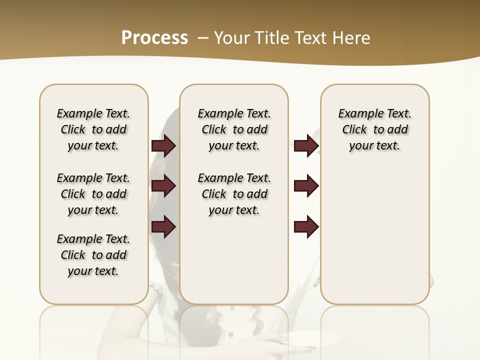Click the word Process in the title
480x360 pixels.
pos(154,37)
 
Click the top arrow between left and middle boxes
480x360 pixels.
pos(163,145)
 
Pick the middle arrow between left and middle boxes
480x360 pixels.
pos(163,186)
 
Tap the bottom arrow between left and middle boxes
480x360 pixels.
pos(163,227)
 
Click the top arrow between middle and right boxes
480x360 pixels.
pos(306,145)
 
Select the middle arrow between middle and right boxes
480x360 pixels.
pos(306,186)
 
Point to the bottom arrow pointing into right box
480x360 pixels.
pos(306,227)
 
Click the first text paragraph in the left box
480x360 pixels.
pos(93,129)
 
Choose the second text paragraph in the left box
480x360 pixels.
pos(93,194)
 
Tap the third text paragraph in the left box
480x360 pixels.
pos(93,255)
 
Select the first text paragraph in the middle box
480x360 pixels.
pos(234,129)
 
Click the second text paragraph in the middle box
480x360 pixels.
pos(234,194)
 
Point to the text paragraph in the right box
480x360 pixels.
pos(374,129)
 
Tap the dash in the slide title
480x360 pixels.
pos(203,37)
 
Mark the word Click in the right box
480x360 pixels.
pos(354,129)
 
